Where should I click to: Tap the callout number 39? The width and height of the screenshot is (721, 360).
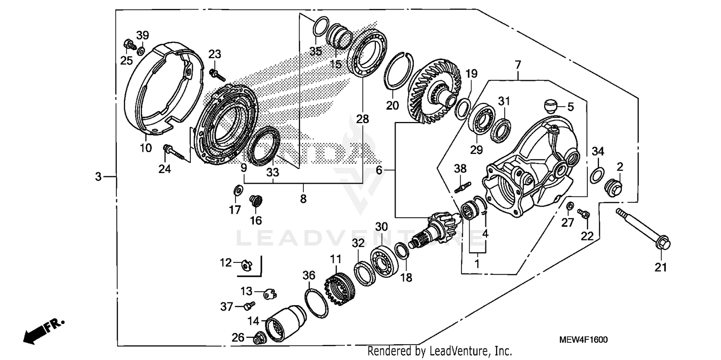coord(142,35)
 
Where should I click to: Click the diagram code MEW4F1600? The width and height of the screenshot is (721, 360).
coord(583,340)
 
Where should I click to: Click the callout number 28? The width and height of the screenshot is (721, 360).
coord(362,119)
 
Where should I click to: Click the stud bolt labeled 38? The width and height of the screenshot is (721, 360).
coord(462,185)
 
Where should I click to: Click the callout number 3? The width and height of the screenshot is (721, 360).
coord(98,177)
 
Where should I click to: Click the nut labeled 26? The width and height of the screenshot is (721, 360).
coord(258,339)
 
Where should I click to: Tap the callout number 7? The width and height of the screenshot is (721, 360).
coord(518,64)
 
